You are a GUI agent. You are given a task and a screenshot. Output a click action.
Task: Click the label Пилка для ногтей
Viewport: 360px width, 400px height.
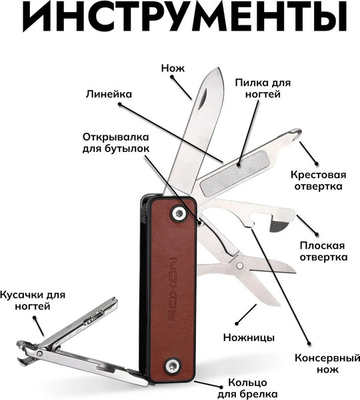point(258,89)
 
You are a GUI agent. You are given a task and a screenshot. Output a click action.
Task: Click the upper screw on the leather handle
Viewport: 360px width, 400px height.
point(178,213)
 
